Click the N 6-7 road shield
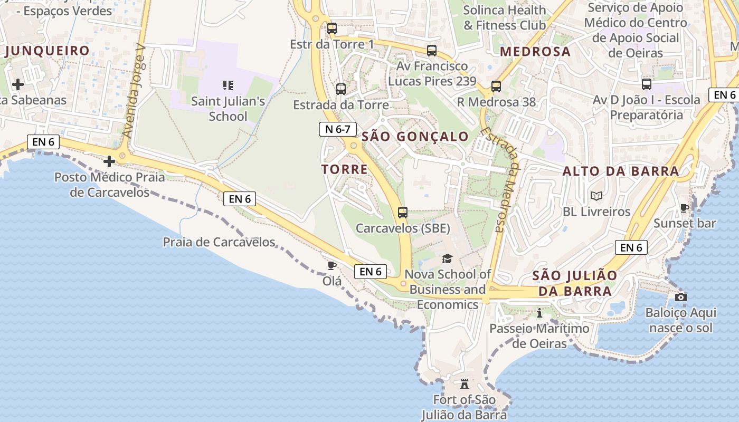tap(338, 129)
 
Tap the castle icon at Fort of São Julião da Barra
tap(465, 383)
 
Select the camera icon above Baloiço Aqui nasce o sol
tap(681, 297)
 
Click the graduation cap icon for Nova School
tap(447, 258)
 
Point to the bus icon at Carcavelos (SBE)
tap(403, 213)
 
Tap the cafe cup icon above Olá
tap(332, 265)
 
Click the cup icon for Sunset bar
tap(685, 208)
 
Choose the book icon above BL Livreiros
tap(596, 196)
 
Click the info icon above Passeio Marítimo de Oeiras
tap(539, 313)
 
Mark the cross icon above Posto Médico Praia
tap(109, 161)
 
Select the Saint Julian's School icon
tap(228, 85)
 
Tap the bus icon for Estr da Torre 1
tap(331, 28)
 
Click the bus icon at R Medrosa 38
tap(496, 87)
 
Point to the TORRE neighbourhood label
tap(345, 169)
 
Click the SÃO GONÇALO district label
tap(415, 137)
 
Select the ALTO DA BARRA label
tap(621, 171)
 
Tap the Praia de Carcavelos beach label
tap(219, 242)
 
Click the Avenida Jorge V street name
tap(134, 91)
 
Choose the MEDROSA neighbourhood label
tap(535, 52)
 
